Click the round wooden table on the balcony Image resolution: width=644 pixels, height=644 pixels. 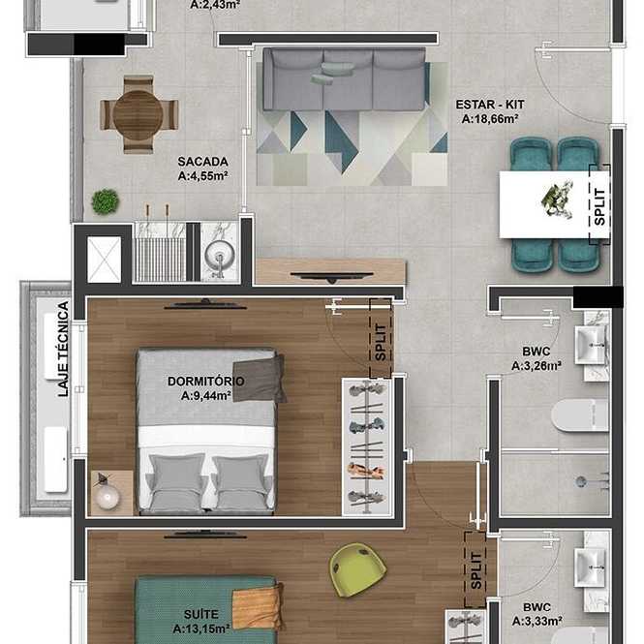(138, 114)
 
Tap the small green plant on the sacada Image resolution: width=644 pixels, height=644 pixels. (106, 201)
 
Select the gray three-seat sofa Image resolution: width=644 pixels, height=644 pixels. (344, 79)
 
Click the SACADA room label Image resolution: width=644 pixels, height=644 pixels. (203, 162)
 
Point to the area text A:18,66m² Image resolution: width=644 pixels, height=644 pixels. (490, 119)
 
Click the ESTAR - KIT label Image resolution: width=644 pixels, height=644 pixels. (490, 105)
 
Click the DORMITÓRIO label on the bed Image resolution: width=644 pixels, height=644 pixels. (205, 382)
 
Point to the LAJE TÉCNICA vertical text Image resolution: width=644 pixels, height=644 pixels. (63, 349)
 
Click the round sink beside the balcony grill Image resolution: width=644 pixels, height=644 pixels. (220, 254)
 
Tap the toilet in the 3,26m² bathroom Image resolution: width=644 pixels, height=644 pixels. (580, 415)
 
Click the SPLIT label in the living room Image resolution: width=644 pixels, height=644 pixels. (599, 206)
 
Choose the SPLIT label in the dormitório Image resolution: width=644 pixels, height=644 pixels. (381, 343)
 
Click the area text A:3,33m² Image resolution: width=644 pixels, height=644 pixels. (537, 622)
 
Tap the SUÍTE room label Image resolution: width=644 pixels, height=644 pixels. (200, 614)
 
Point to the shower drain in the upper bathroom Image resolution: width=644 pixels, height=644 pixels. (581, 481)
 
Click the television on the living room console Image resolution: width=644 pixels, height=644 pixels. (332, 276)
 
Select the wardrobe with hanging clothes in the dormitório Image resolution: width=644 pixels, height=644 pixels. (367, 446)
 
